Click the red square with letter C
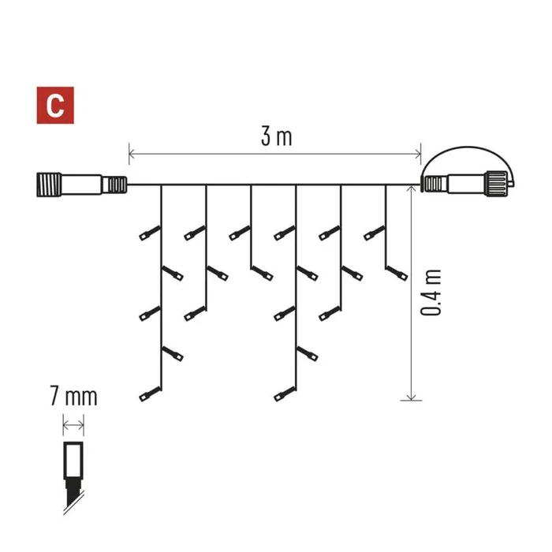click(x=55, y=105)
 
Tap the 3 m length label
click(x=276, y=136)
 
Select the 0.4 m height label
click(x=431, y=293)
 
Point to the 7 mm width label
click(x=73, y=397)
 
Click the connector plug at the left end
click(x=82, y=185)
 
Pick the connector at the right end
click(x=469, y=183)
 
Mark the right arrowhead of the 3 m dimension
click(x=417, y=154)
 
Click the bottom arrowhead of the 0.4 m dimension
click(x=411, y=397)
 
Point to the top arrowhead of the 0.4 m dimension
click(x=411, y=189)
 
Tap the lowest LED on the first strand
click(x=150, y=393)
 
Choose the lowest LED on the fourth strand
click(x=285, y=393)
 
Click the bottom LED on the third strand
click(x=262, y=274)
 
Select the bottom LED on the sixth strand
click(x=397, y=274)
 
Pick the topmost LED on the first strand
click(x=150, y=233)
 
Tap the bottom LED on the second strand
click(x=195, y=313)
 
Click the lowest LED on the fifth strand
click(x=330, y=313)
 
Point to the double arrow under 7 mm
click(x=73, y=425)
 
